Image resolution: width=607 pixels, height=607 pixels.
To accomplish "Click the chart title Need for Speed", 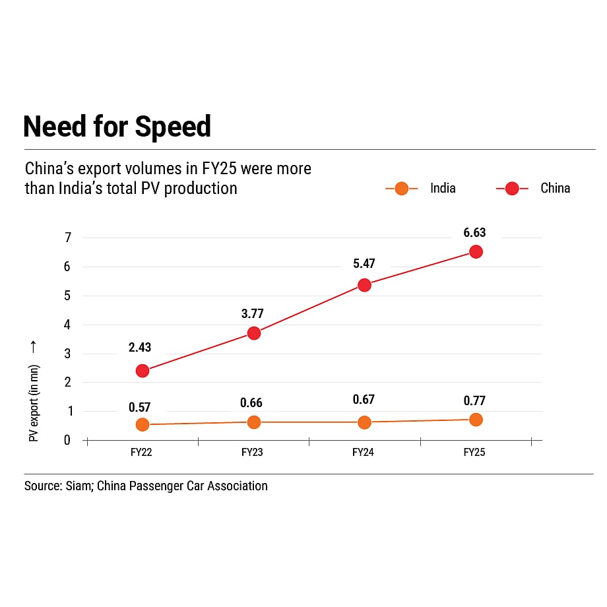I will [x=117, y=126].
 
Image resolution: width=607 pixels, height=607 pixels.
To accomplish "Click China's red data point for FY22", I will [x=143, y=371].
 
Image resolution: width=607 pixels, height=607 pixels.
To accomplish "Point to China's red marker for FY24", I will [x=364, y=285].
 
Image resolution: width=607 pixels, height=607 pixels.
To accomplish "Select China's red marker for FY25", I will [x=476, y=251].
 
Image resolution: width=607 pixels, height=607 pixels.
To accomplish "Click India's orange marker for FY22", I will [x=143, y=424].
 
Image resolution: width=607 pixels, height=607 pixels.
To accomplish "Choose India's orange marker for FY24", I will [x=364, y=422].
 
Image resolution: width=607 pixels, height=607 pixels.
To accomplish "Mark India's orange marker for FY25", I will [x=476, y=419].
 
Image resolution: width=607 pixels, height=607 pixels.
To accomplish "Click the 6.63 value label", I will [x=475, y=233].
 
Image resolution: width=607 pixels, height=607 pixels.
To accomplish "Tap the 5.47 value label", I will [x=364, y=263].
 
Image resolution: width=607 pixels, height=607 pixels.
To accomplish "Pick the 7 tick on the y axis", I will [x=67, y=238].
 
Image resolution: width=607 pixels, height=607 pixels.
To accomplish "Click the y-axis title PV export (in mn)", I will [x=33, y=402].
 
